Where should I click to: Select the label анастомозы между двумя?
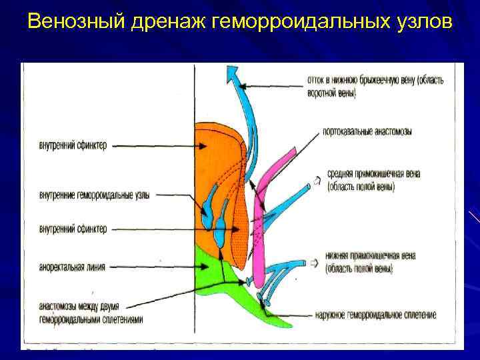tap(79, 307)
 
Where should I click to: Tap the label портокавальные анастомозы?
tap(367, 132)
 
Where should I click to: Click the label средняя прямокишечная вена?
tap(373, 175)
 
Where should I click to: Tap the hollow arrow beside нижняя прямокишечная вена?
tap(315, 263)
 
